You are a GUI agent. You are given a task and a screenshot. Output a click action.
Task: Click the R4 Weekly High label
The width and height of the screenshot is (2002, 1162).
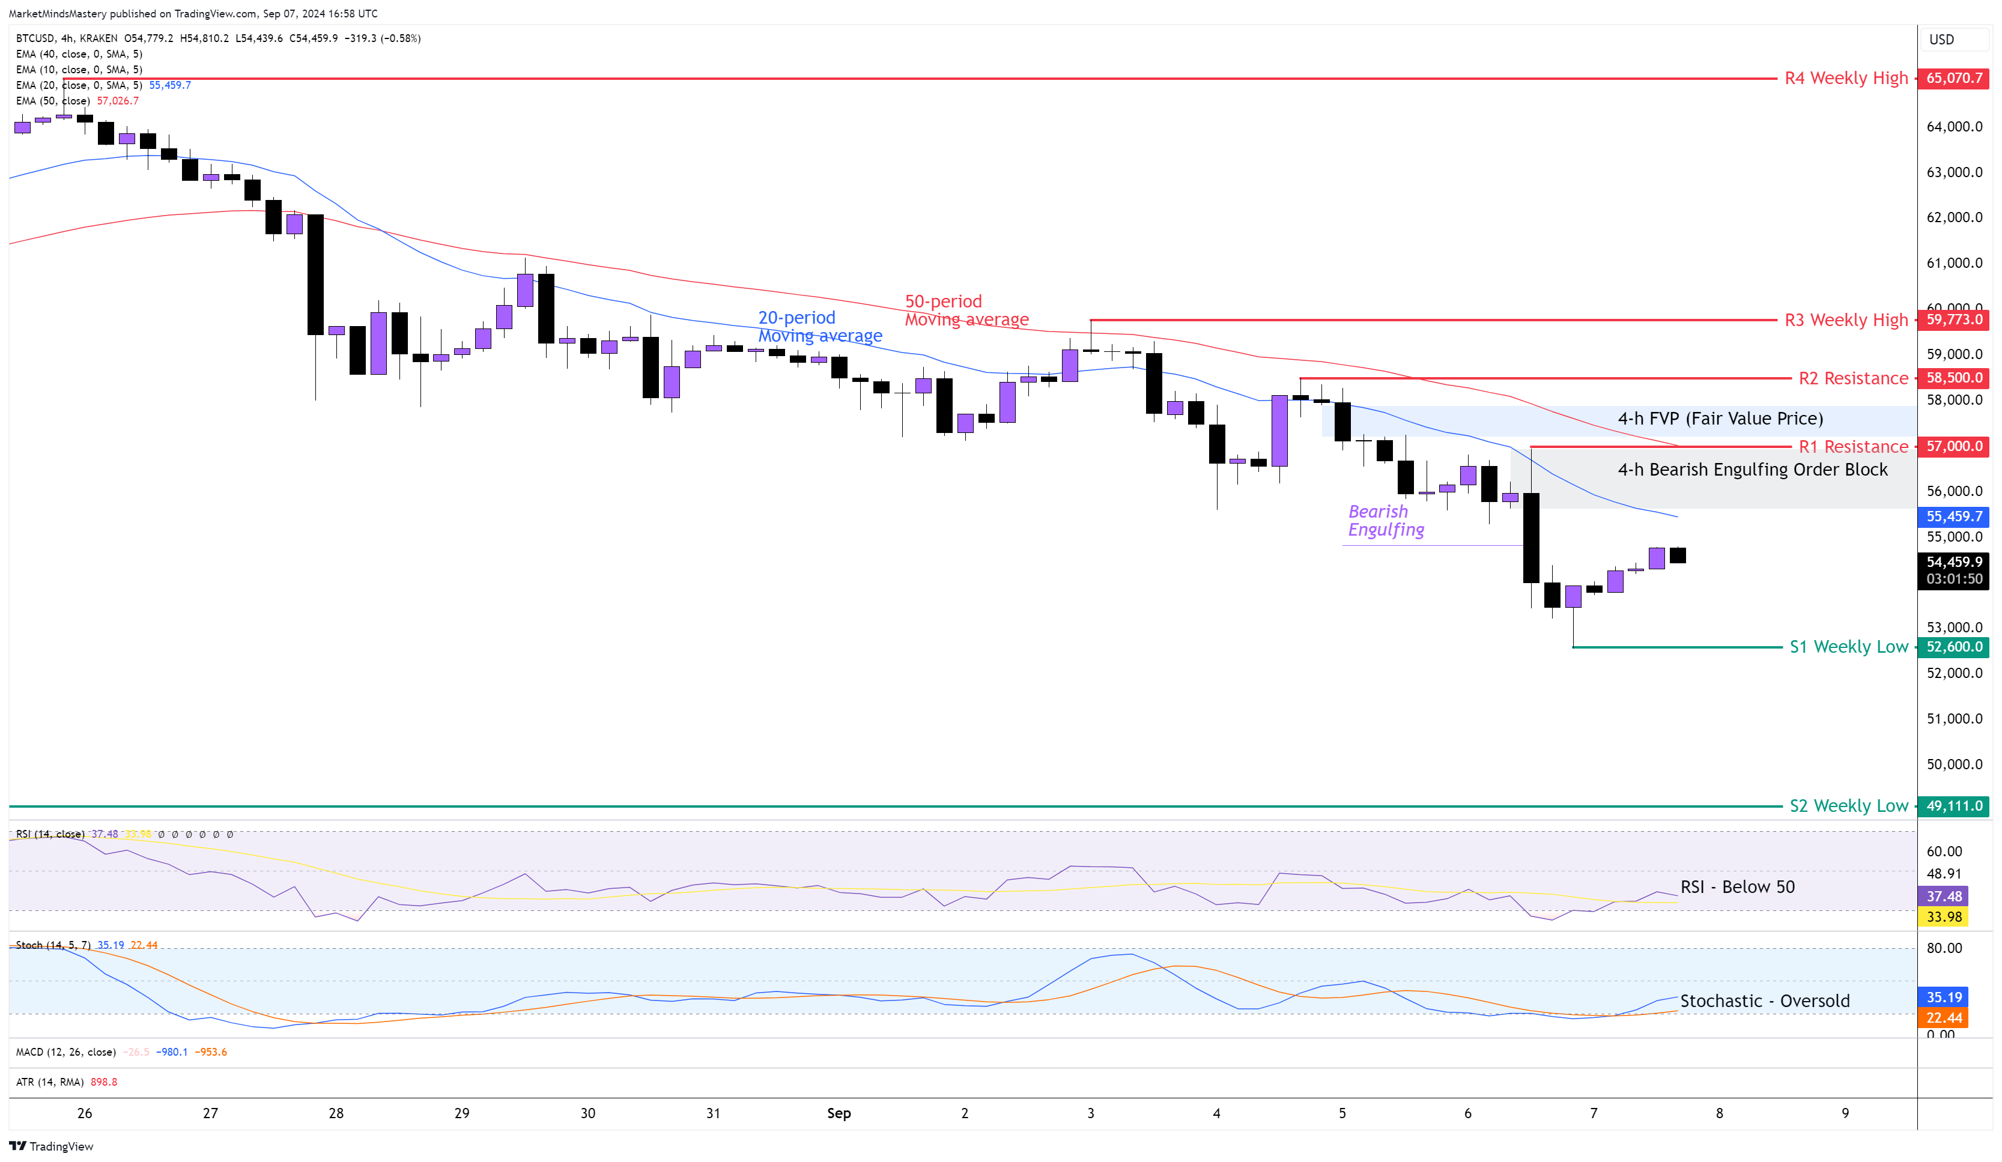pos(1845,78)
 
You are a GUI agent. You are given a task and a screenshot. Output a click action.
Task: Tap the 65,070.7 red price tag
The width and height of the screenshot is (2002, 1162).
pos(1953,78)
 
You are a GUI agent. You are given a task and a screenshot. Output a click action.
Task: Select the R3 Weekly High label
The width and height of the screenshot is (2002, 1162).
pos(1845,320)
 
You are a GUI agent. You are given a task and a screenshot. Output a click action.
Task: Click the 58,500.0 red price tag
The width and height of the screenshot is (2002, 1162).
pos(1953,378)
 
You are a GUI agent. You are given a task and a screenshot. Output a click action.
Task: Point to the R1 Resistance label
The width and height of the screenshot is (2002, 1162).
pos(1852,446)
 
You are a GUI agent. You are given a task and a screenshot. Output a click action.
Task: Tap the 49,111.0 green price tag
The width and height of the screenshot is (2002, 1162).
pos(1953,806)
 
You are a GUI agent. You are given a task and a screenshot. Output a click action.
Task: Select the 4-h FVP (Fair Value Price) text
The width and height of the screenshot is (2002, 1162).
pos(1720,419)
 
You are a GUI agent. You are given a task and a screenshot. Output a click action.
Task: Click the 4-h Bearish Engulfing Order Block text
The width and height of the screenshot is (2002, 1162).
pos(1752,470)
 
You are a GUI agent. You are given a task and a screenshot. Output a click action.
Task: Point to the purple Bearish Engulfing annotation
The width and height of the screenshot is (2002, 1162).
pos(1386,521)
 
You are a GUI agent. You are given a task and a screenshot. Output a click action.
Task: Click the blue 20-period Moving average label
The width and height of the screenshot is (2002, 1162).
pos(819,327)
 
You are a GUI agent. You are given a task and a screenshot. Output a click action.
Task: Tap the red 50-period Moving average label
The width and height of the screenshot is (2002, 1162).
pos(966,310)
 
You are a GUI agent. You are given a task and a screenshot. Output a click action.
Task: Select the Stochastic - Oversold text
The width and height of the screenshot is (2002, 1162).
pos(1765,1001)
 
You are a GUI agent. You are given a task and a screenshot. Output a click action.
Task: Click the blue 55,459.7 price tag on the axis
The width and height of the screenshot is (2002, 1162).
pos(1953,516)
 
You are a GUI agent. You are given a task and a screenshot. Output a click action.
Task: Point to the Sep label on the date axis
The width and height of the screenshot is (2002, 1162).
pos(838,1113)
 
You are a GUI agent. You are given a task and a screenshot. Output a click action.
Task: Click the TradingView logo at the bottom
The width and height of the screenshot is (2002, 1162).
pos(51,1146)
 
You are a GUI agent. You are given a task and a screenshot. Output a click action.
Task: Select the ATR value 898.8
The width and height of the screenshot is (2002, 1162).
pos(104,1082)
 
